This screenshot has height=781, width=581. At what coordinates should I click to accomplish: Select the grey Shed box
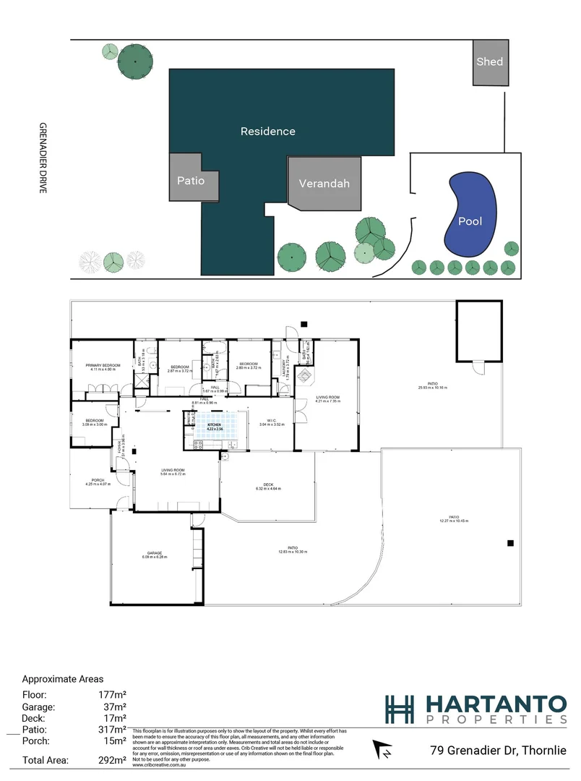[489, 62]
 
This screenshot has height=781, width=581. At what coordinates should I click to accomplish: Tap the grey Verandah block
[324, 183]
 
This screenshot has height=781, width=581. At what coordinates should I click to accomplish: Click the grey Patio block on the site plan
[192, 180]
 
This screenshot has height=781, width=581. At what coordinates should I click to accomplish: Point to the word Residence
[267, 132]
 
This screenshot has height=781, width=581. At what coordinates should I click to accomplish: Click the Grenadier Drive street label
[43, 156]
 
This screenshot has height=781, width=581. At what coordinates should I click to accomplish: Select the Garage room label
[155, 553]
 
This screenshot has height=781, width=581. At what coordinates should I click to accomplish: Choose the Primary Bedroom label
[102, 366]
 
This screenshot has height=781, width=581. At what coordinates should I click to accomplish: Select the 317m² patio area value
[116, 730]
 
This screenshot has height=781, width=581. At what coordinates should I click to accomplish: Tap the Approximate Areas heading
[63, 679]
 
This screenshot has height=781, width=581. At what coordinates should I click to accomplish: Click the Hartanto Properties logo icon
[400, 709]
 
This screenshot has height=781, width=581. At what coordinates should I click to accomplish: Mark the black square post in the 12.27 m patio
[511, 543]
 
